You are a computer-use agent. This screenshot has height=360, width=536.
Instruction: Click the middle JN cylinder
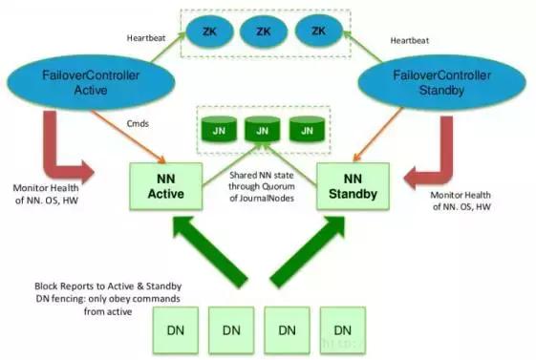click(x=260, y=129)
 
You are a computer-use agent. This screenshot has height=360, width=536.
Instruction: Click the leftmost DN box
click(x=177, y=328)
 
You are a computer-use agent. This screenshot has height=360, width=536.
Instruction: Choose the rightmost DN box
click(x=342, y=328)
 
